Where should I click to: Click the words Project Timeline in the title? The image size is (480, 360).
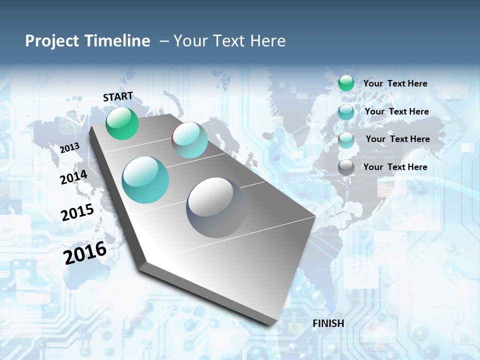(x=87, y=41)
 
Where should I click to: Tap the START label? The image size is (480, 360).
(x=118, y=96)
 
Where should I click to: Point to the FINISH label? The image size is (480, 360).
(x=328, y=323)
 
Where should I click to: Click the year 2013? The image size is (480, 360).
(x=69, y=147)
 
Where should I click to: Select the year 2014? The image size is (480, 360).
(x=73, y=177)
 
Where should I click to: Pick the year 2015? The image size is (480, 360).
(x=77, y=212)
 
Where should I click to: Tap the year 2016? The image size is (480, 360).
(x=85, y=252)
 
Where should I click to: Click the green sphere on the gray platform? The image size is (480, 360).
(x=122, y=123)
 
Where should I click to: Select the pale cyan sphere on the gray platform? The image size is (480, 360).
(x=190, y=140)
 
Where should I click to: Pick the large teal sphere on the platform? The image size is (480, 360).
(x=145, y=180)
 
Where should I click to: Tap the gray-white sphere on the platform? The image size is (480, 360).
(x=216, y=207)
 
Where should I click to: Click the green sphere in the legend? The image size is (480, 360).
(x=346, y=83)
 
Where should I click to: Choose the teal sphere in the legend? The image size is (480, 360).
(x=346, y=112)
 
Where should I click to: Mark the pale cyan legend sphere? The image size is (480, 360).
(x=346, y=140)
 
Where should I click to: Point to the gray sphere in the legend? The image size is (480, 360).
(x=346, y=168)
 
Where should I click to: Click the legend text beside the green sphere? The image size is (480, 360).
(x=395, y=83)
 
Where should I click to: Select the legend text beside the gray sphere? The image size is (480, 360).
(x=395, y=167)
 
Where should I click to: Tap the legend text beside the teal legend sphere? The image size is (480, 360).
(x=396, y=111)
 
